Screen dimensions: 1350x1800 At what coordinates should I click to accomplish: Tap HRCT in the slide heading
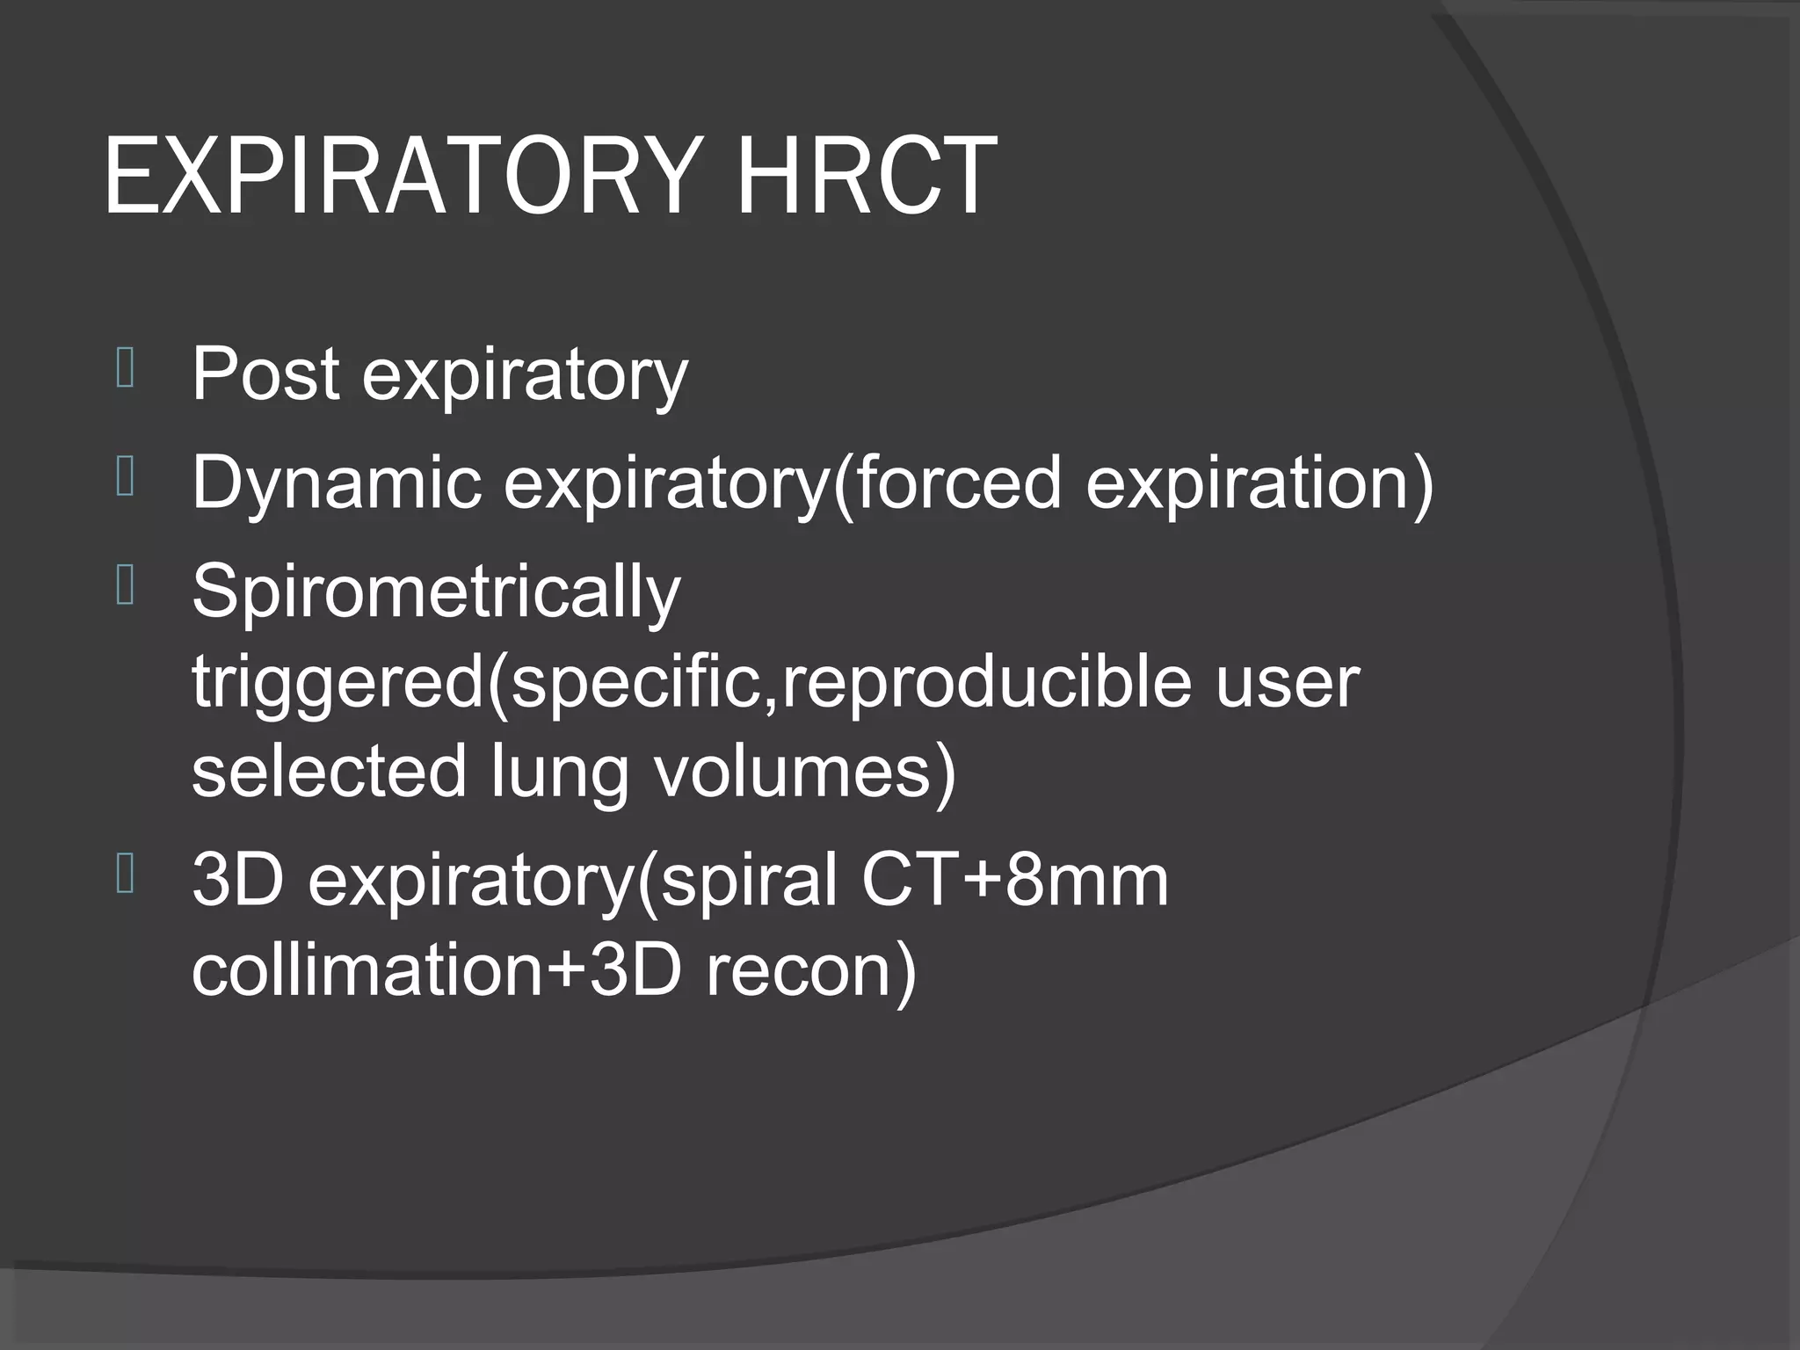click(866, 176)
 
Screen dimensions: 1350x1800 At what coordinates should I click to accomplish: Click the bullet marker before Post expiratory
click(125, 369)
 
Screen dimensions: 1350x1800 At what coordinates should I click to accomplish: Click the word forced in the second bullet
click(959, 483)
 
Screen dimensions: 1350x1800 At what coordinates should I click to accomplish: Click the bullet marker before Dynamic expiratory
click(125, 478)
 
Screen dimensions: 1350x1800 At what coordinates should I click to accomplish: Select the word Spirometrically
click(436, 592)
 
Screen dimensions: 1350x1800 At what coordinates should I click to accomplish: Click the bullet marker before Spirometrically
click(125, 587)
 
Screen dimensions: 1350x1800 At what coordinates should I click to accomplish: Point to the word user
click(1287, 683)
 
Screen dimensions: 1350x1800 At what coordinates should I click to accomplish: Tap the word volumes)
click(804, 772)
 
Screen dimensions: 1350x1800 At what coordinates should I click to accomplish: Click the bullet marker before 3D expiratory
click(125, 875)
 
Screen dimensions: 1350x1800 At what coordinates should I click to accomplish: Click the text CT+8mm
click(1014, 881)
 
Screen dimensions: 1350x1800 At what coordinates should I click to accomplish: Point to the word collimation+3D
click(436, 971)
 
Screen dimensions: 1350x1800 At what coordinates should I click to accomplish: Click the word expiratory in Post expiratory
click(525, 376)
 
